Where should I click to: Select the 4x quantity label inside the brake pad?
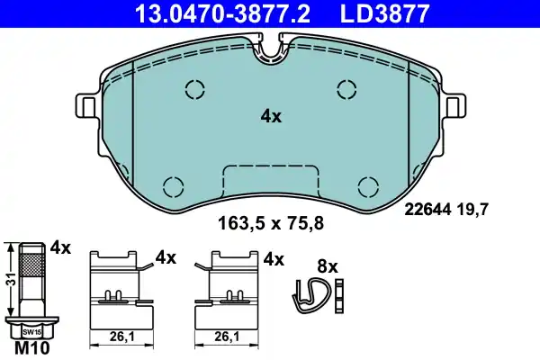coord(271,116)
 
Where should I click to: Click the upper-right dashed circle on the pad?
coord(346,88)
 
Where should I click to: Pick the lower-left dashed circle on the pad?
coord(172,185)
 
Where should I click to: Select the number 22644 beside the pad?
coord(425,211)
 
